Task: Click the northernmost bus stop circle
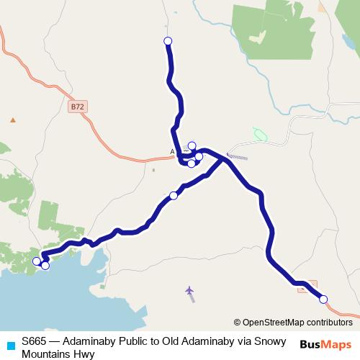(x=168, y=41)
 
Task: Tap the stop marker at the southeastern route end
(x=323, y=299)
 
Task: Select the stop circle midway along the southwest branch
(x=174, y=195)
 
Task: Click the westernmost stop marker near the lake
(x=37, y=261)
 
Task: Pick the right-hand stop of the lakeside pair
(x=45, y=266)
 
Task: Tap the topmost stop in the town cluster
(x=192, y=145)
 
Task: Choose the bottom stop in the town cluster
(x=191, y=163)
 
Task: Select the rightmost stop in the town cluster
(x=199, y=156)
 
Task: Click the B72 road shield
(x=78, y=107)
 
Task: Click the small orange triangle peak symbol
(x=12, y=120)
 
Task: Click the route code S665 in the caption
(x=35, y=341)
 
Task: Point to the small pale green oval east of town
(x=259, y=135)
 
